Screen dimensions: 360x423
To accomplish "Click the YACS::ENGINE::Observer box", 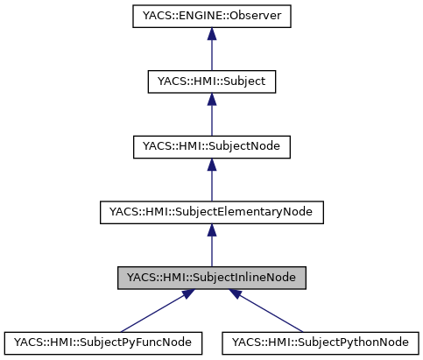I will click(x=211, y=16).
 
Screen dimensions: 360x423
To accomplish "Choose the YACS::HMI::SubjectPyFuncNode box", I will click(x=102, y=340).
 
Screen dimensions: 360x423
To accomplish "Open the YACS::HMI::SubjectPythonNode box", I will click(x=321, y=340).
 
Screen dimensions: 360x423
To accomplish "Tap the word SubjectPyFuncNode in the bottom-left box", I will click(x=136, y=340).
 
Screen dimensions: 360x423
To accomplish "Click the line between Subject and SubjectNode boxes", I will click(x=211, y=118).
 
